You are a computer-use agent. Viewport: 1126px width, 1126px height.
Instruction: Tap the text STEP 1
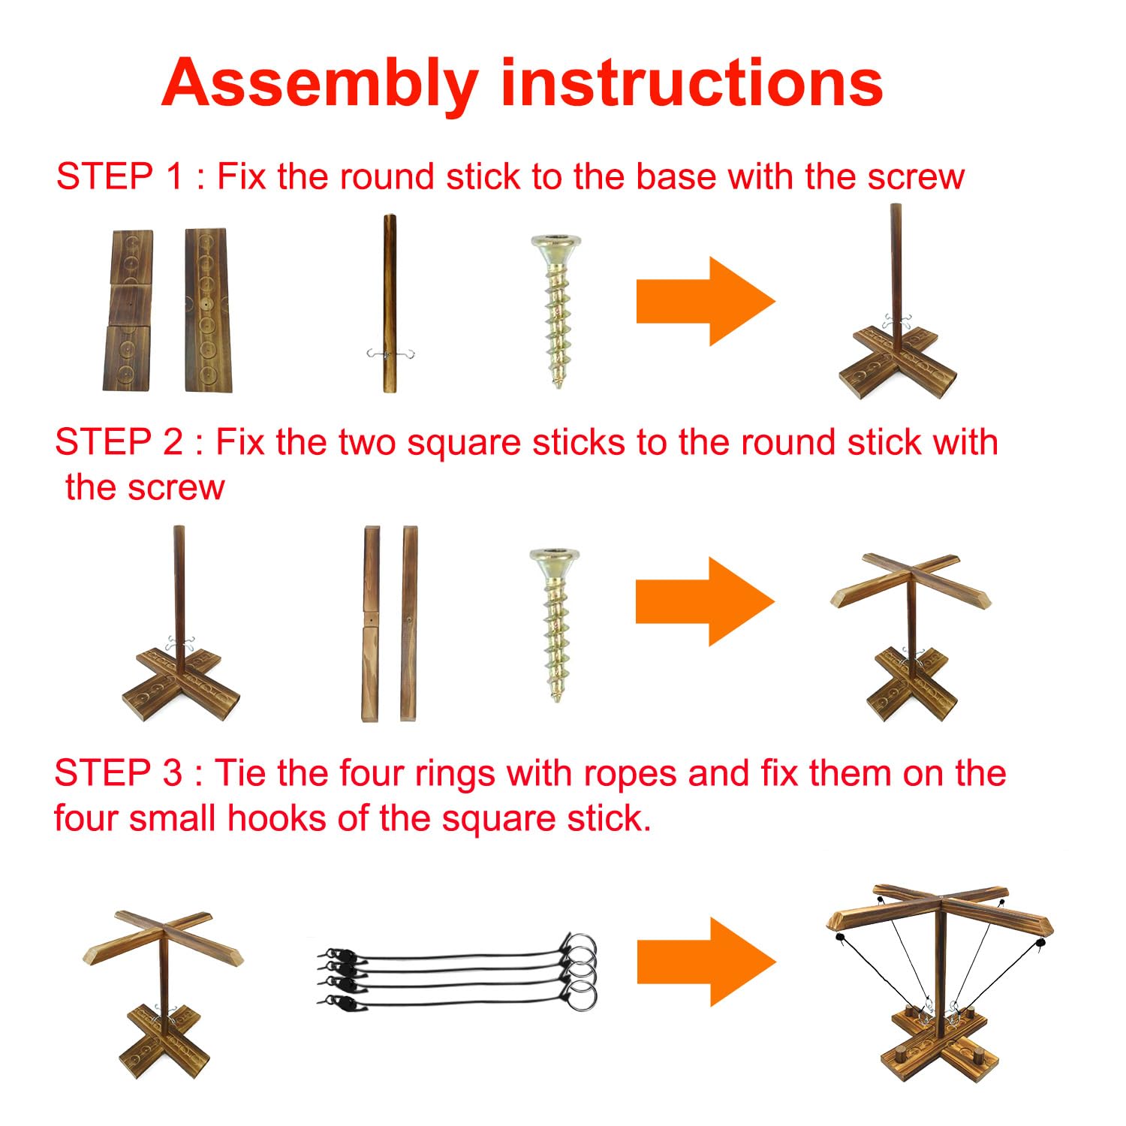[120, 177]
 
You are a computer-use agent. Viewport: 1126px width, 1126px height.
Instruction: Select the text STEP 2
[119, 442]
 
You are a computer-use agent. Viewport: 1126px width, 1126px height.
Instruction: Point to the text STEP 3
[119, 773]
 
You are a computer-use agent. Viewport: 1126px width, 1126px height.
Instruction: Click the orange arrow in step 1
[706, 301]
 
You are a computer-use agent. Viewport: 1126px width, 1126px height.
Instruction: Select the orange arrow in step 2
[705, 601]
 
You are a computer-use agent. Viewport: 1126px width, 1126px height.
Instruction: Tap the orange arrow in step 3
[706, 962]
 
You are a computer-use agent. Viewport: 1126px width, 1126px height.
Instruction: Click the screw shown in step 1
[556, 311]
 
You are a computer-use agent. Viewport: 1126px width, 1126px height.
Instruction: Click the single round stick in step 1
[390, 303]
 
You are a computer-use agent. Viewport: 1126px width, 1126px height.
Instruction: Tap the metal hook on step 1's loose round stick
[390, 354]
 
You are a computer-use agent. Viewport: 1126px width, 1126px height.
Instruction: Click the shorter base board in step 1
[128, 310]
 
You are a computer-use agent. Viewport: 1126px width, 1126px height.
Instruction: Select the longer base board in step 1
[208, 310]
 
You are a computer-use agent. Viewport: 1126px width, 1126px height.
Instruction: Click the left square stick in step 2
[372, 624]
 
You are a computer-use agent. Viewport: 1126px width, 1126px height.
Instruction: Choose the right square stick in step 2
[409, 624]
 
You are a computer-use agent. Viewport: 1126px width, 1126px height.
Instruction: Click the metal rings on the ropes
[580, 972]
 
